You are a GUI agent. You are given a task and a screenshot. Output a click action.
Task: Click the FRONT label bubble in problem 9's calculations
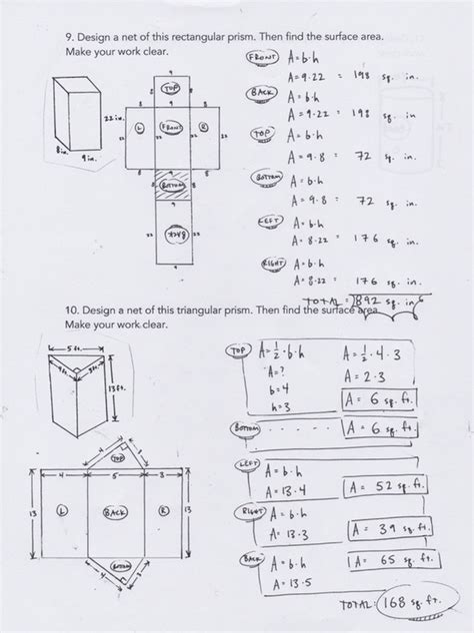point(261,58)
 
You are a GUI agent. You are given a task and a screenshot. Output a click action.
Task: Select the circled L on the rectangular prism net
point(138,128)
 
